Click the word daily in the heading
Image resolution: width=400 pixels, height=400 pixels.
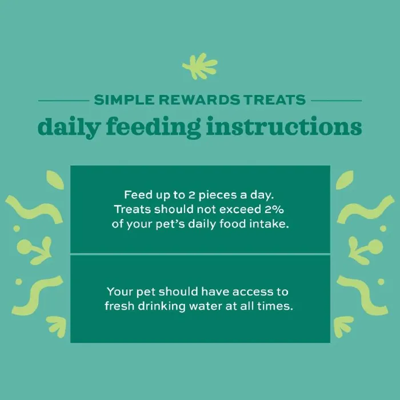(x=69, y=127)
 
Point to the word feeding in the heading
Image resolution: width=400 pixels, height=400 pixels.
(x=153, y=127)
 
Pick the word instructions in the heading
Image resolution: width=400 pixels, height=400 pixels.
(x=284, y=126)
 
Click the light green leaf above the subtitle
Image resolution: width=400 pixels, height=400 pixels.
(x=200, y=66)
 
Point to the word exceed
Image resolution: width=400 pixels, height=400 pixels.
(x=240, y=209)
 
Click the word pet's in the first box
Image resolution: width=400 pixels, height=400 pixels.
(x=170, y=225)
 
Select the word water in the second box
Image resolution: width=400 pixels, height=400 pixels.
(x=206, y=306)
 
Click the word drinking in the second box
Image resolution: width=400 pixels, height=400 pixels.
(x=162, y=306)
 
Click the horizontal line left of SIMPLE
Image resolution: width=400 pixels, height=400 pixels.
(x=64, y=101)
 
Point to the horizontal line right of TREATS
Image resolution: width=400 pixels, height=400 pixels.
(x=337, y=101)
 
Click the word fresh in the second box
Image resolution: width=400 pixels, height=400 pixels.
(x=119, y=306)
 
